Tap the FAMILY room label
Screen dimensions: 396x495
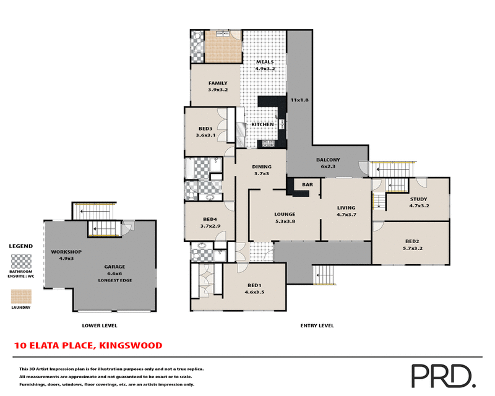point(218,83)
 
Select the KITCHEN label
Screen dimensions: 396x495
point(262,125)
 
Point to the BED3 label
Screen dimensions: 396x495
point(205,129)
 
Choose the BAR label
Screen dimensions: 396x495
point(306,185)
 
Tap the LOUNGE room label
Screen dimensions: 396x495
point(285,215)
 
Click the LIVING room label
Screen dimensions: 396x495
point(346,208)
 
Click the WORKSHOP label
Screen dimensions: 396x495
point(62,252)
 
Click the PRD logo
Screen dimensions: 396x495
point(442,374)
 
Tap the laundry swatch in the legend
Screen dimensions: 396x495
point(22,296)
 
